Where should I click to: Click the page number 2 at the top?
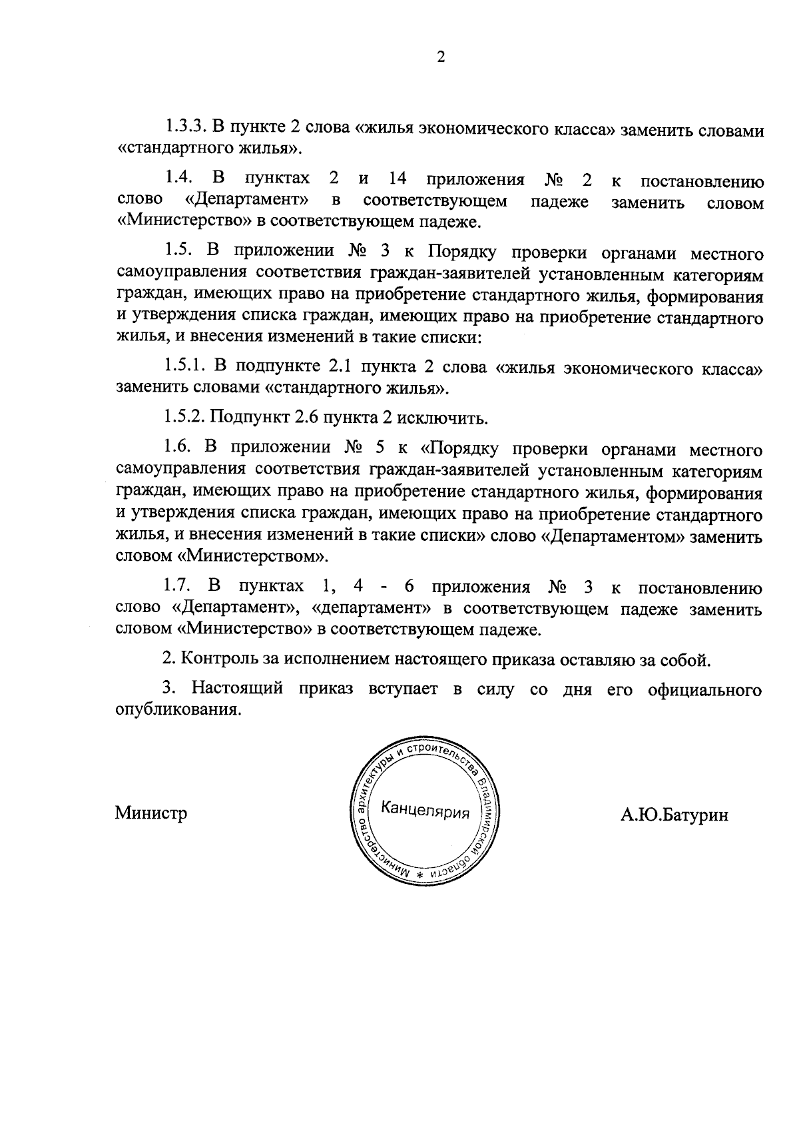440,57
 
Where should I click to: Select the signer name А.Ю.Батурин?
674,815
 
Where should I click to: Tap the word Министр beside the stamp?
150,813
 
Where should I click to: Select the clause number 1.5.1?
182,367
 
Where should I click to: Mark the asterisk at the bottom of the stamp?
420,873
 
